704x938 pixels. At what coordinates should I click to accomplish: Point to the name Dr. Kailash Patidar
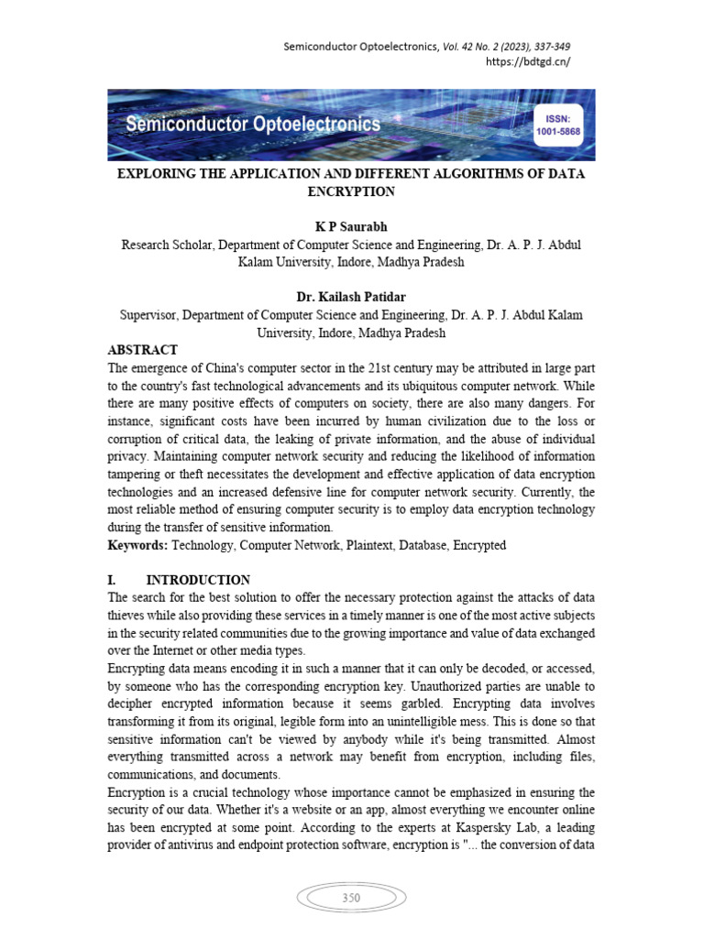click(x=351, y=298)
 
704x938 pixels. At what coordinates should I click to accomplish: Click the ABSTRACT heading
click(x=142, y=351)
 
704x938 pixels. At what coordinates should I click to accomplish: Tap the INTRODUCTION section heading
click(x=198, y=581)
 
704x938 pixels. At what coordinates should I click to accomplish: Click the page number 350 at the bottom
click(x=351, y=898)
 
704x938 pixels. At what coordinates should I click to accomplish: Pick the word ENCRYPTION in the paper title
click(x=351, y=191)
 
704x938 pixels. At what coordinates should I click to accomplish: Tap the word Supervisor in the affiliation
click(x=148, y=315)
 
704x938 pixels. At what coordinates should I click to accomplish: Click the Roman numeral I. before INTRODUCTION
click(x=112, y=581)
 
